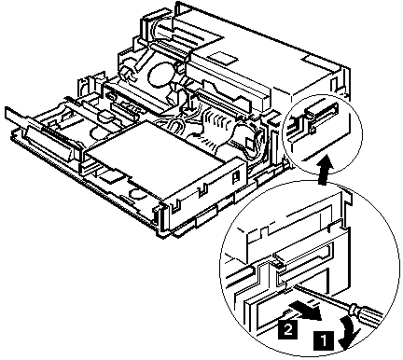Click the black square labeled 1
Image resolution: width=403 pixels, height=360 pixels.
tap(324, 339)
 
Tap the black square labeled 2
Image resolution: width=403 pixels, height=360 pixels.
tap(288, 329)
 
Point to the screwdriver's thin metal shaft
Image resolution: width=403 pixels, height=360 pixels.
tap(320, 296)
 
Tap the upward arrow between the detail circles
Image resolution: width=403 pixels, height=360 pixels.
tap(326, 170)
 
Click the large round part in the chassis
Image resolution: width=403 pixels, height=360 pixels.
tap(160, 75)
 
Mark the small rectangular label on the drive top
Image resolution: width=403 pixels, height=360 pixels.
tap(223, 58)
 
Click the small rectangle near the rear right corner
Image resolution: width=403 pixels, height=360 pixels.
tap(315, 60)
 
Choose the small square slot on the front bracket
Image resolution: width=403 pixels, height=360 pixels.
tap(236, 177)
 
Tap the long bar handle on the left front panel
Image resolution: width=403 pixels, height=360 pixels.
tap(50, 144)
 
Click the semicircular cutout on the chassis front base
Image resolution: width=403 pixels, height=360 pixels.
tap(139, 195)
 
